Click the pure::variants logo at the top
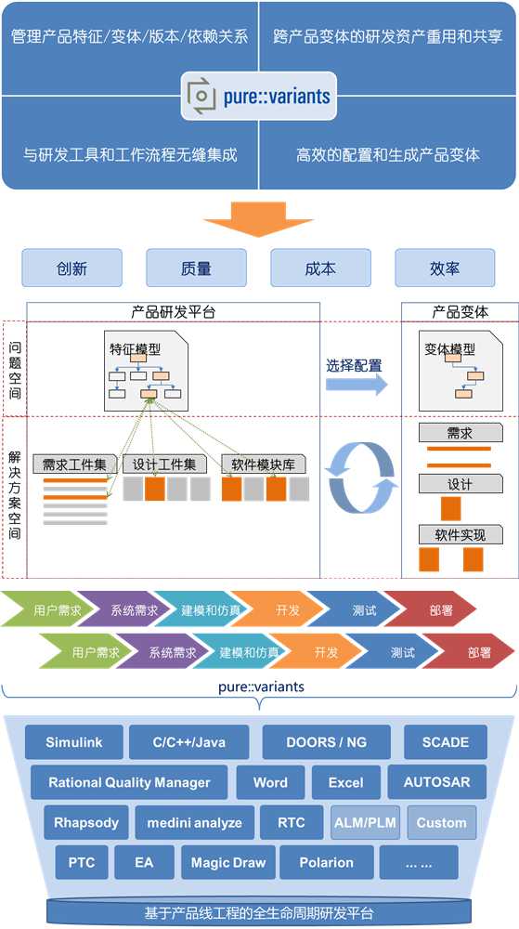[259, 96]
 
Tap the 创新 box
[72, 268]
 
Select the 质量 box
[197, 268]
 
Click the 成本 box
[320, 268]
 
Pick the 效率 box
[445, 268]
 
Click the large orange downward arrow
[259, 219]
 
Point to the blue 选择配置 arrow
[357, 385]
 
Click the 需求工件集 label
[74, 464]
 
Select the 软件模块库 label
[264, 464]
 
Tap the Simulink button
[74, 741]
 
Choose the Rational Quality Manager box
[129, 782]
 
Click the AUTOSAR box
[436, 782]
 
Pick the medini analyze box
[195, 822]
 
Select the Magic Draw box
[228, 862]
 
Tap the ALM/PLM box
[365, 822]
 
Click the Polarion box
[327, 862]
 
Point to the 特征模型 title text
[135, 349]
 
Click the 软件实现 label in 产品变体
[461, 535]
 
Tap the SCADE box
[446, 741]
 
